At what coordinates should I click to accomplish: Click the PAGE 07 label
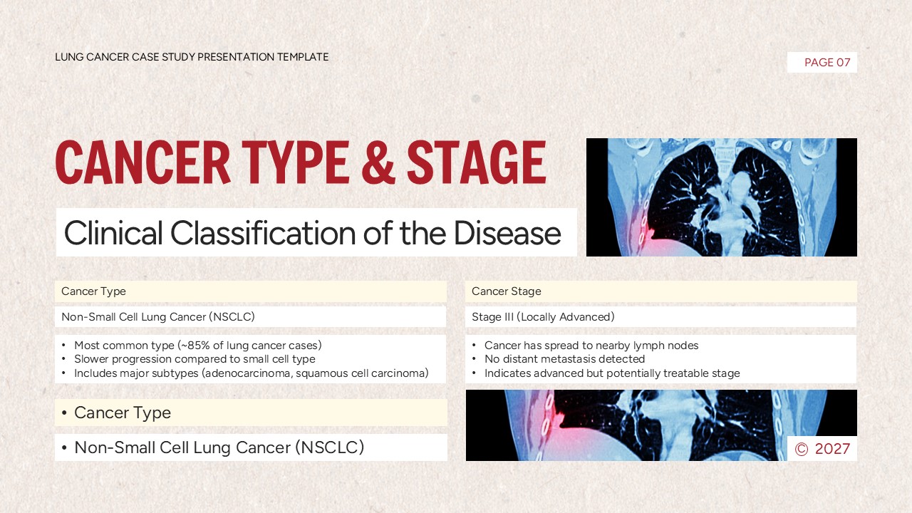click(x=826, y=63)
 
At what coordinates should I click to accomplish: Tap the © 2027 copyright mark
click(x=822, y=449)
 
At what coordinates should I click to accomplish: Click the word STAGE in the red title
click(x=476, y=163)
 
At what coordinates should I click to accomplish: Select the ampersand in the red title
click(x=378, y=163)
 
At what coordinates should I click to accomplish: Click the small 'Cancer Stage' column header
click(x=506, y=291)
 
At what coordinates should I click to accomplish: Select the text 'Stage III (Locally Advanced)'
click(x=543, y=317)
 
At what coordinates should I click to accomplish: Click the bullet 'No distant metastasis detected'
click(x=564, y=359)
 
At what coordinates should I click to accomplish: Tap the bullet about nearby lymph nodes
click(x=591, y=346)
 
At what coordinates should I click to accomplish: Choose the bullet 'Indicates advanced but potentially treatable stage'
click(x=612, y=373)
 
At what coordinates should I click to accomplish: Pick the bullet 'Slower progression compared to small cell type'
click(x=195, y=359)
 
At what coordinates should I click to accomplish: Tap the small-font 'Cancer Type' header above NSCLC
click(x=93, y=291)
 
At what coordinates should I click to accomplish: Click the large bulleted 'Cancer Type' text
click(x=122, y=413)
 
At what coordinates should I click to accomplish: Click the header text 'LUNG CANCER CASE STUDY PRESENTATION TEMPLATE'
click(x=192, y=57)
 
